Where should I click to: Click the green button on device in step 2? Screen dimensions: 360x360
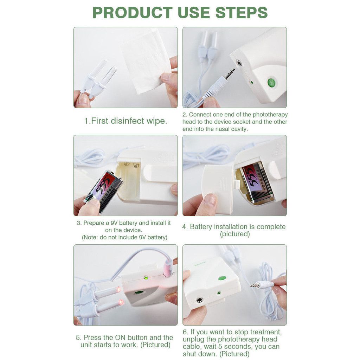click(272, 82)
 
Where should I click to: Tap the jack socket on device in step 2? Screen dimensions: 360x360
click(239, 63)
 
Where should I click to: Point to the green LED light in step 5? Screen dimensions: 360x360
click(146, 278)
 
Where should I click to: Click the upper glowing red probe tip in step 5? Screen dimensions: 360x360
click(118, 289)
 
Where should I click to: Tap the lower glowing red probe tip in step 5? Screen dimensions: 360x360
click(121, 302)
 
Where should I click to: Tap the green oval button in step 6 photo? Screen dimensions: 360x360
click(222, 278)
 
